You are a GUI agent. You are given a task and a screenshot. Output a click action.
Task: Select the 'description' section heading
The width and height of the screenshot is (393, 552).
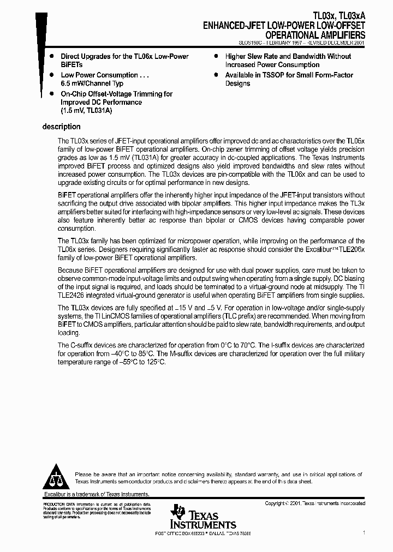(x=61, y=127)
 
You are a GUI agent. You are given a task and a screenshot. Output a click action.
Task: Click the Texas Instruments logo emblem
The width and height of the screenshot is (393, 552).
(x=177, y=514)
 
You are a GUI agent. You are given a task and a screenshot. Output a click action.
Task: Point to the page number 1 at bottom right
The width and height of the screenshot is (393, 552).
(x=364, y=532)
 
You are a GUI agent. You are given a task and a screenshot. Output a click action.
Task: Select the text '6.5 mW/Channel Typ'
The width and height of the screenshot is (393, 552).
(x=92, y=83)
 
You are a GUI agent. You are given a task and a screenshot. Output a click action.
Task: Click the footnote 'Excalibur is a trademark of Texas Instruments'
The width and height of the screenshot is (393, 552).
(x=96, y=494)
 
